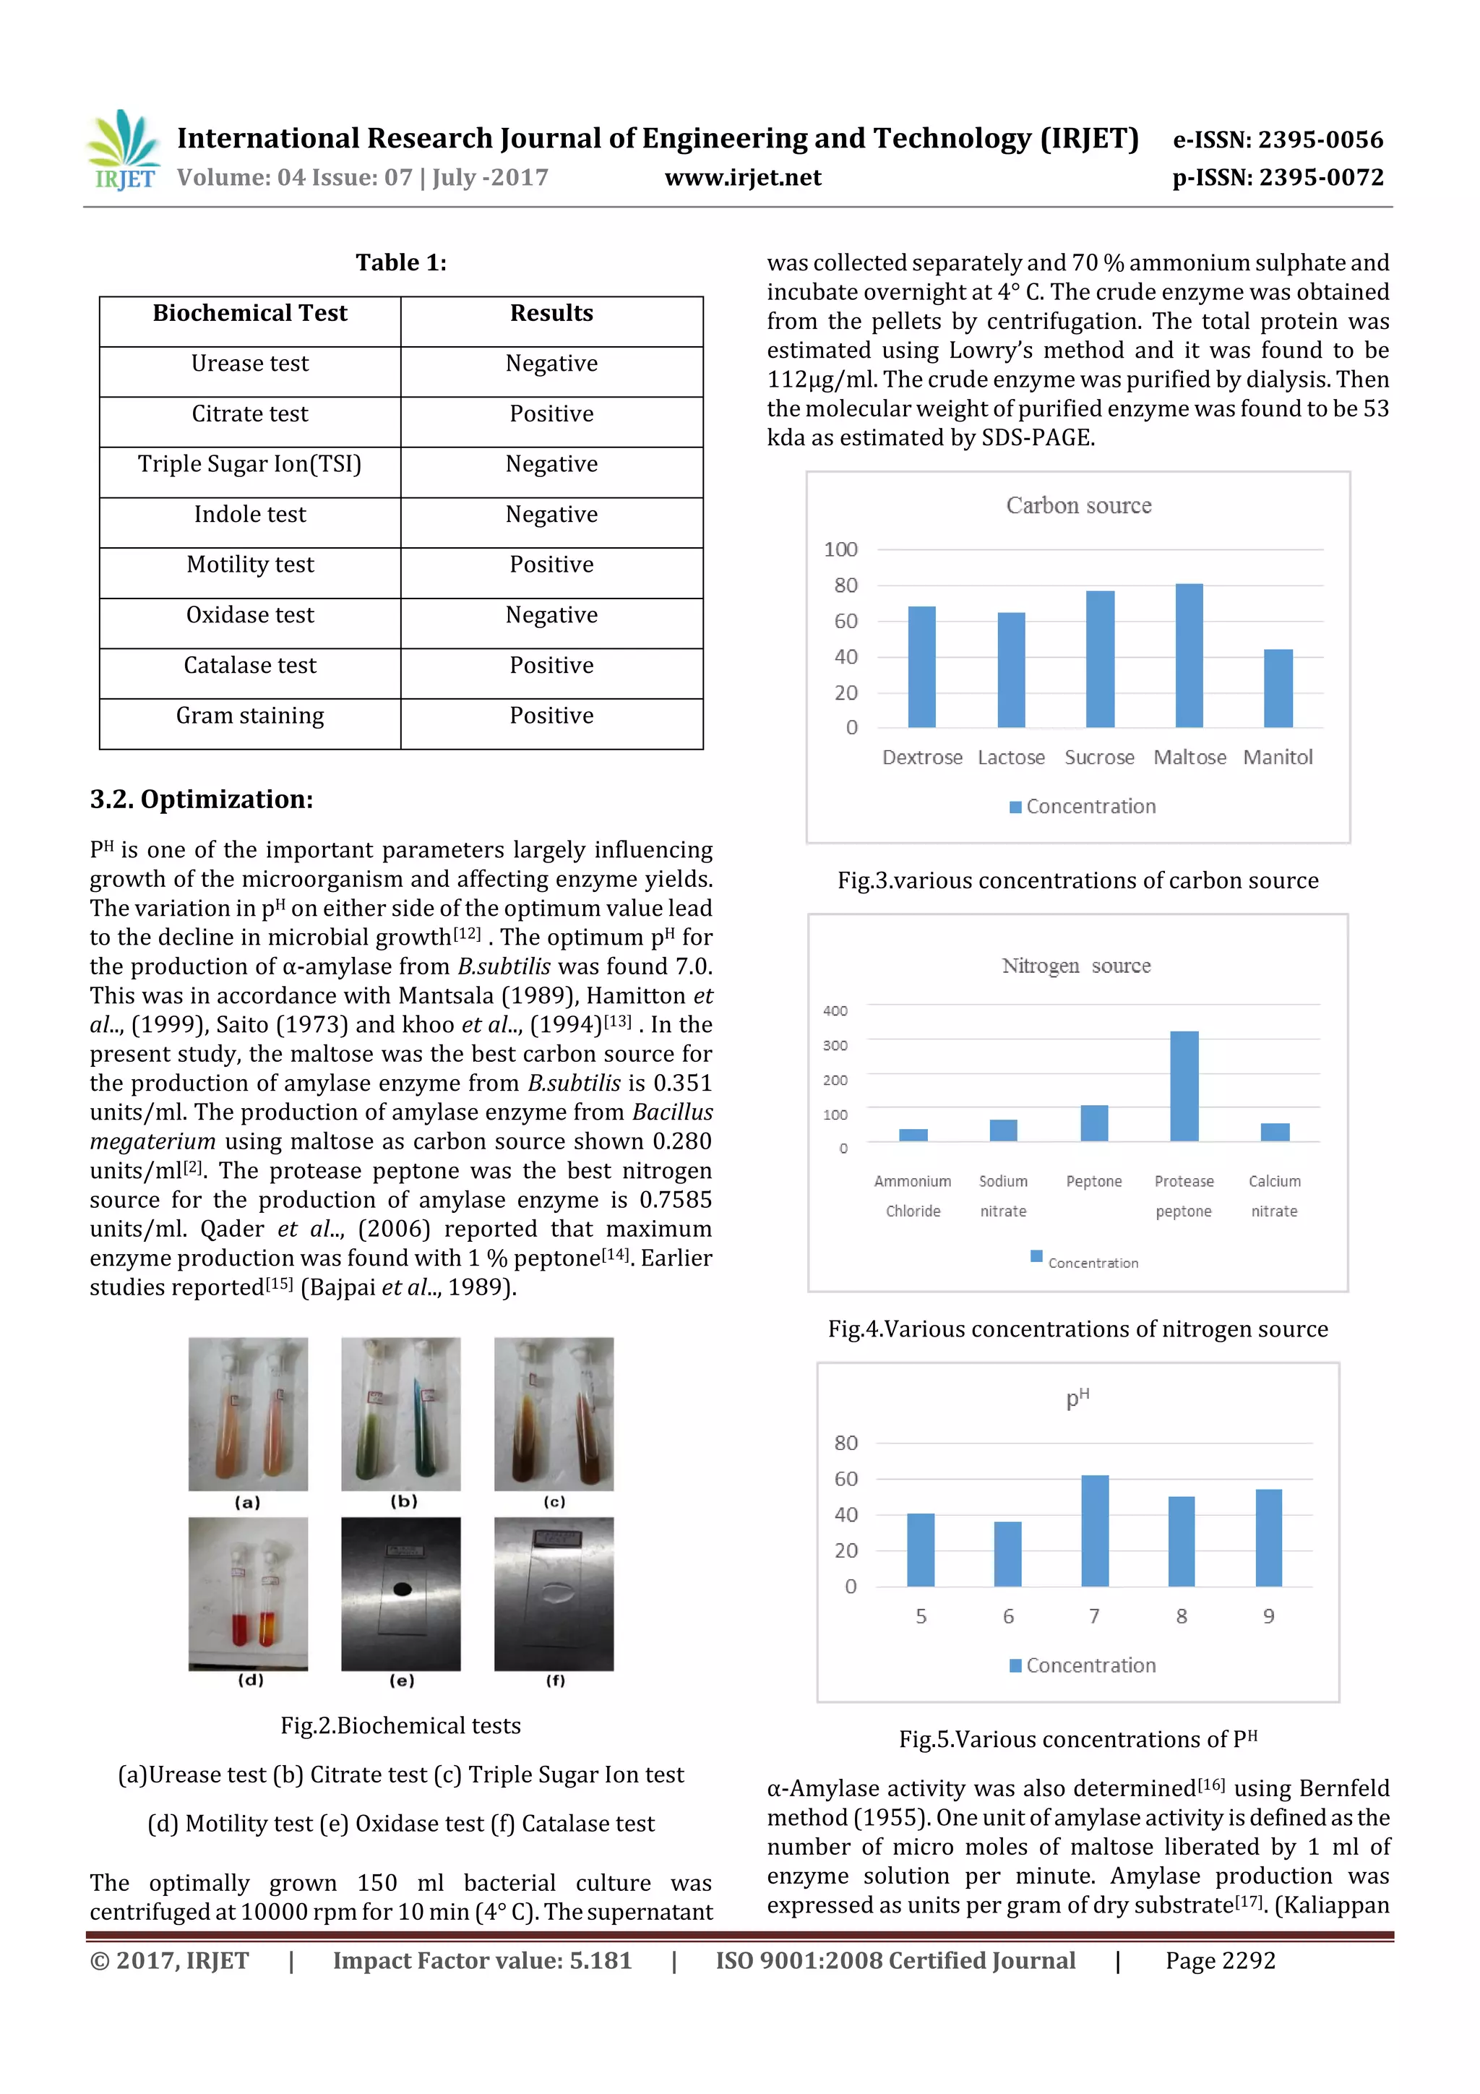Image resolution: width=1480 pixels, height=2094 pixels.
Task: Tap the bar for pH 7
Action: click(1094, 1530)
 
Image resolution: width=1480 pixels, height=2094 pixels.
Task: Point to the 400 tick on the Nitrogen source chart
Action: click(835, 1010)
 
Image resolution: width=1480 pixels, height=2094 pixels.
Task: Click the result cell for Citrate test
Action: click(551, 414)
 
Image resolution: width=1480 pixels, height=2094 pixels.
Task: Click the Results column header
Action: click(551, 313)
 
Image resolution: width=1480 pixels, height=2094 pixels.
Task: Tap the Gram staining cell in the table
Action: click(250, 716)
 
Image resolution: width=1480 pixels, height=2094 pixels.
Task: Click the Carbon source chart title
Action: click(1078, 505)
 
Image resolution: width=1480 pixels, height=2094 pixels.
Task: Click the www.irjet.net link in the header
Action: click(742, 177)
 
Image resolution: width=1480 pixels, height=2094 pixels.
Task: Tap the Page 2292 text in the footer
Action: click(1219, 1960)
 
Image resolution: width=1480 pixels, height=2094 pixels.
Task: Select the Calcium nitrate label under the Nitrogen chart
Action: click(1274, 1196)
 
